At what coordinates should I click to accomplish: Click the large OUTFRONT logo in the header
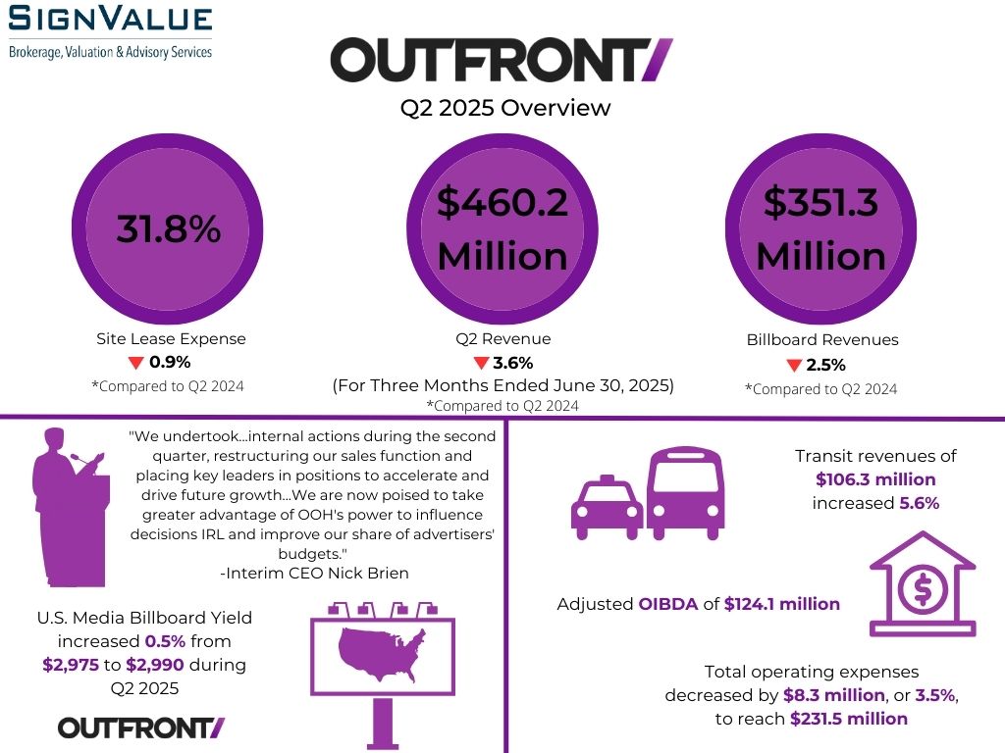tap(502, 61)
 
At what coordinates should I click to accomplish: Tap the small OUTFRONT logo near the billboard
tap(141, 728)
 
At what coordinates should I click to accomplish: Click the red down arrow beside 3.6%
tap(481, 364)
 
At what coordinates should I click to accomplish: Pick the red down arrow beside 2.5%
tap(795, 366)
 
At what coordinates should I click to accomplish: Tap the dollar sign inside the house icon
tap(923, 589)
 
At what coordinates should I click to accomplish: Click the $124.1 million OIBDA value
tap(782, 604)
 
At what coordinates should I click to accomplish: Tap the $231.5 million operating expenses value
tap(849, 719)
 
